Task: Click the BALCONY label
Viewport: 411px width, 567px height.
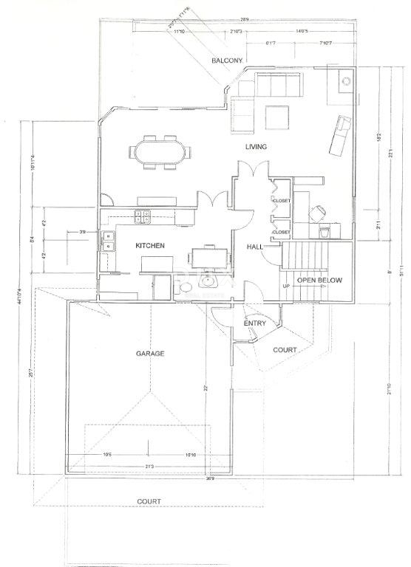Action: (227, 61)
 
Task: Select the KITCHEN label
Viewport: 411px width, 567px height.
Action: (149, 245)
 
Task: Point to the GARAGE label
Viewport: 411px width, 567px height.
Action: (149, 354)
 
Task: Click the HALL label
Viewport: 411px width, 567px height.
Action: (255, 247)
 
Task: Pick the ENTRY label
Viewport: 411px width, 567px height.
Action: (255, 323)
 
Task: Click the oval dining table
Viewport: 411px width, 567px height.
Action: (161, 154)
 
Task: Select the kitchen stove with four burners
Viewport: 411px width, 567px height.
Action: (142, 216)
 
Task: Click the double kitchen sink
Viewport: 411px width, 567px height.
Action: (109, 242)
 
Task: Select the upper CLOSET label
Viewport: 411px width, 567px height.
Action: (281, 201)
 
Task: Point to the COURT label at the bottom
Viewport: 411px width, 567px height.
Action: (149, 501)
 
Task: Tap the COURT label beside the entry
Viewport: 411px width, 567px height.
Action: (284, 349)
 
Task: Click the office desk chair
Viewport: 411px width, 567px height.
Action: (317, 214)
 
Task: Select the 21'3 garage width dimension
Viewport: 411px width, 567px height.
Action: (149, 467)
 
